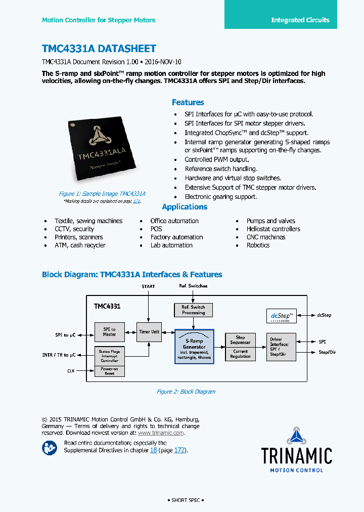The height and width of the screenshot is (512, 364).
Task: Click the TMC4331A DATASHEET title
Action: (99, 49)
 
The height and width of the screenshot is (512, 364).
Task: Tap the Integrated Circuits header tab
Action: (300, 20)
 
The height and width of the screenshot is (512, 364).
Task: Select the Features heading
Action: (188, 102)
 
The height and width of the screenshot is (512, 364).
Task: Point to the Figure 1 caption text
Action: (102, 194)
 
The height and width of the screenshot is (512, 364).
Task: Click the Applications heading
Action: (185, 207)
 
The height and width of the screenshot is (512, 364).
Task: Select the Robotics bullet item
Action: (258, 245)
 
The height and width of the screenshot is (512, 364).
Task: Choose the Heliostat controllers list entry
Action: (273, 229)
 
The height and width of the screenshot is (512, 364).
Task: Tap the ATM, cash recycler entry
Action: (80, 245)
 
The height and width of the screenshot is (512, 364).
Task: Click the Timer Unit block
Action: (149, 332)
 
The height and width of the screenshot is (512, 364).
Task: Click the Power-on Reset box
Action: (109, 371)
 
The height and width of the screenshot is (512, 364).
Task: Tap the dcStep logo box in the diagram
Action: (282, 316)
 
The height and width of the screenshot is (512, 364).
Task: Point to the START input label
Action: (148, 286)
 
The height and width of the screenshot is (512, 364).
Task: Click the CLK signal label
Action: (71, 371)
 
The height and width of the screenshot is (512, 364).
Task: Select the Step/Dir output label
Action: (327, 352)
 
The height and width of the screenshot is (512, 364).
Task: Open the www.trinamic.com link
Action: (160, 433)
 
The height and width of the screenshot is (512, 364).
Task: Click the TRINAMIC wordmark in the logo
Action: (296, 456)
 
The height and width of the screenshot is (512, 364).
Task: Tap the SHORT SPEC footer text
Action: (186, 500)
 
